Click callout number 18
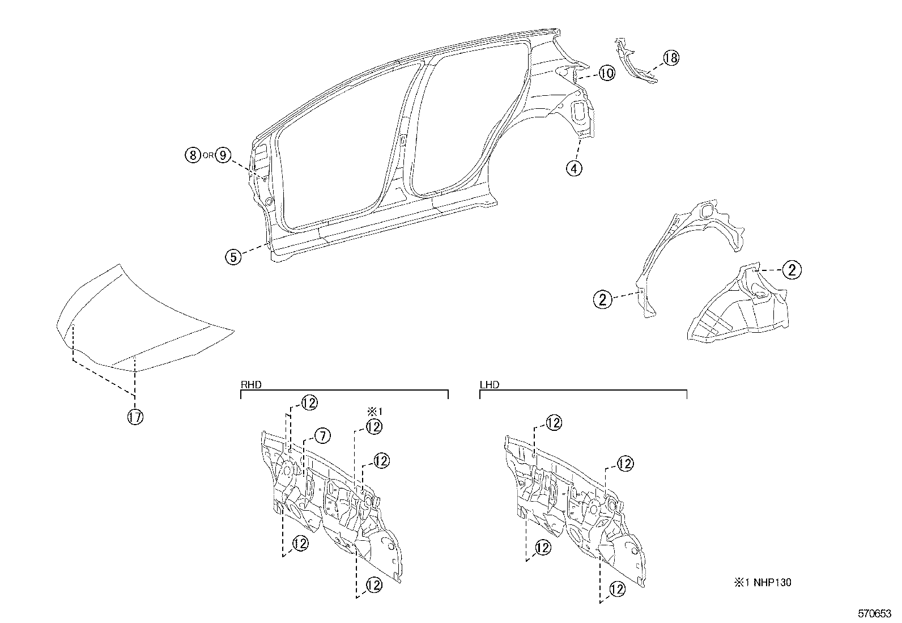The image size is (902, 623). [x=670, y=58]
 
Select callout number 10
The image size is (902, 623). [x=606, y=73]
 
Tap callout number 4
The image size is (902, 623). [x=574, y=168]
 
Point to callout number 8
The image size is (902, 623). [x=193, y=155]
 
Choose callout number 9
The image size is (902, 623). [x=223, y=155]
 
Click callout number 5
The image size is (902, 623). [x=233, y=256]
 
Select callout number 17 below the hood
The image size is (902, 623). [x=135, y=417]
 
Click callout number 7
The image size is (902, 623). [x=321, y=436]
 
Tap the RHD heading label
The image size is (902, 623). [x=251, y=384]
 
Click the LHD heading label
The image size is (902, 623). [x=489, y=384]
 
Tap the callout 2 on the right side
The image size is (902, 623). [x=792, y=270]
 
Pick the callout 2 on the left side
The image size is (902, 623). [x=602, y=299]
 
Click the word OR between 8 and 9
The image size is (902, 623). [x=208, y=155]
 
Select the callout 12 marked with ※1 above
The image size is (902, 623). [x=374, y=427]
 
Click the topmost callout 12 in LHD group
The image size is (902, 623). [x=554, y=422]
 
